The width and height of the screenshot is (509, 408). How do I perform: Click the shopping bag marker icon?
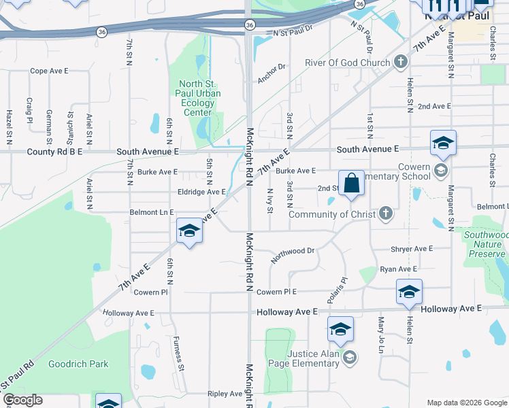point(351,183)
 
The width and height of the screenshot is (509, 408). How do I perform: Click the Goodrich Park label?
point(78,364)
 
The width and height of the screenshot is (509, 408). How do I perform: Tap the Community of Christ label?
point(332,214)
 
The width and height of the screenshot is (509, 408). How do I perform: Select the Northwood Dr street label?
point(293,255)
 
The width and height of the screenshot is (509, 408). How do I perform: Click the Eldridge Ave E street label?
point(201,192)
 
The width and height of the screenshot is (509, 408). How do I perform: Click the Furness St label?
point(179,354)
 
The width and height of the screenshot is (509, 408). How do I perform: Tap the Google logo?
point(22,400)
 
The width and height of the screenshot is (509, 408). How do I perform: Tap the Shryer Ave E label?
point(412,249)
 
